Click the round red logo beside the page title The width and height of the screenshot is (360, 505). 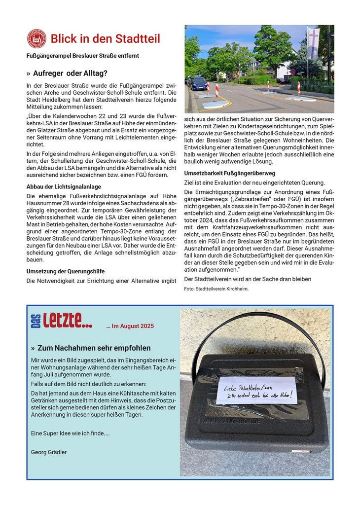coord(36,38)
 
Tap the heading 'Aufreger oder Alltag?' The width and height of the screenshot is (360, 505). coord(70,73)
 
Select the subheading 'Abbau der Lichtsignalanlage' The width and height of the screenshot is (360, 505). coord(64,186)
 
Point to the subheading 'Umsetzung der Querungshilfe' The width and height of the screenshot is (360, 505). coord(65,271)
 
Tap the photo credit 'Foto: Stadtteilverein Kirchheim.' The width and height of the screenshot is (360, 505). coord(216,289)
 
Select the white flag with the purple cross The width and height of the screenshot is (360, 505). coord(313,43)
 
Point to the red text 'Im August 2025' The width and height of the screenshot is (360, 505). coord(130,326)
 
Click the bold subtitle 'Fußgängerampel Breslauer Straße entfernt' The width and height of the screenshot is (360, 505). coord(83,56)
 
